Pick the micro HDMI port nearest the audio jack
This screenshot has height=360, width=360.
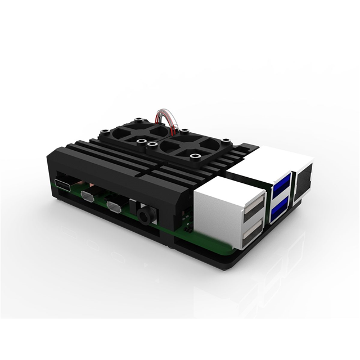tap(114, 206)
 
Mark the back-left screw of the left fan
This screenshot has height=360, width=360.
tap(137, 119)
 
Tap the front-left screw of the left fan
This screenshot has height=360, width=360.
tap(105, 135)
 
